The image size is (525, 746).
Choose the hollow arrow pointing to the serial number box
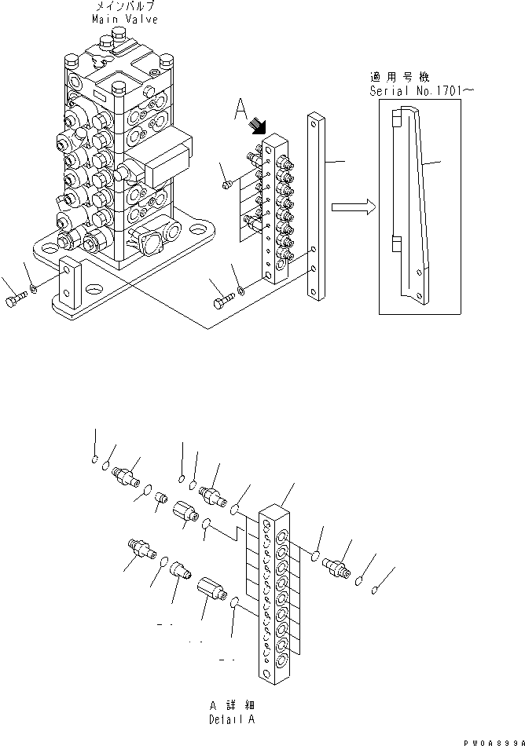351,207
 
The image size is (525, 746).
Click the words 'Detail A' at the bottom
231,719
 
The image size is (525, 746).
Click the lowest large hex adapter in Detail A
211,588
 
